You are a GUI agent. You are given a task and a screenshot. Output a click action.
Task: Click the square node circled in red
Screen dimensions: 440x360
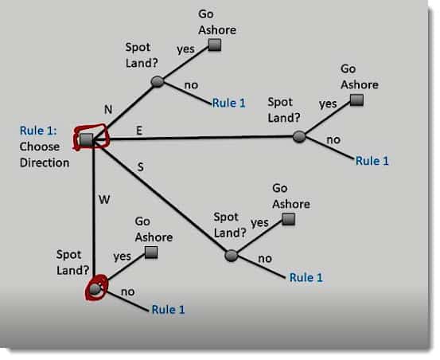point(86,139)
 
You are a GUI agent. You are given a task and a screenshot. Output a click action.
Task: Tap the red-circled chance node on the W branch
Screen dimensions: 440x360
point(95,289)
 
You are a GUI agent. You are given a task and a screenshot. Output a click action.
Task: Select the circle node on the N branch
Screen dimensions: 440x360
point(158,82)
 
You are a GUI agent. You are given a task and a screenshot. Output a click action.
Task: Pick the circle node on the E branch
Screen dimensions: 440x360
point(299,136)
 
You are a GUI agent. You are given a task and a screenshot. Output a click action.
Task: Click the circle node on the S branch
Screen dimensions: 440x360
point(232,256)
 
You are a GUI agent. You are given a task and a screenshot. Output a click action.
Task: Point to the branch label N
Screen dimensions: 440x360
point(108,110)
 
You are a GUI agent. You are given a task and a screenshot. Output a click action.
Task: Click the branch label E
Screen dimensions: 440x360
point(139,131)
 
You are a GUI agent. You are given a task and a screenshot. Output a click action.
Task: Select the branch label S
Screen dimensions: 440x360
point(141,167)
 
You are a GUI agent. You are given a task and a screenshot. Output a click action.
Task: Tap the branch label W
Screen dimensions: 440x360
point(104,200)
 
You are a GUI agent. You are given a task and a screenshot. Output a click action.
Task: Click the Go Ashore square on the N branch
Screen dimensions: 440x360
point(215,45)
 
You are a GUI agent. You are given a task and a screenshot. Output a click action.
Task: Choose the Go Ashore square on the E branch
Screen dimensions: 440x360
point(357,100)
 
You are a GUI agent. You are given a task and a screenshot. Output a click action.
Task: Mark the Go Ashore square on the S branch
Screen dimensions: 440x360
point(288,219)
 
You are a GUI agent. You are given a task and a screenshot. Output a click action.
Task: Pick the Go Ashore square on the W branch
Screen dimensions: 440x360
point(151,252)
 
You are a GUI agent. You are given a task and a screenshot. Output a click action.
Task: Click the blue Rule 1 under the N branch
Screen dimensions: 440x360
point(228,103)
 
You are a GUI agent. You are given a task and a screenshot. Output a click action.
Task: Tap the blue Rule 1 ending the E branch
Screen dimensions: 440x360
point(372,161)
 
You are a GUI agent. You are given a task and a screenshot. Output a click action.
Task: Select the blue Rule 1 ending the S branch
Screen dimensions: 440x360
point(306,277)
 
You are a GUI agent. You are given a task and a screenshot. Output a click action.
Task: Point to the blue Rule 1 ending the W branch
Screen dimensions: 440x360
point(168,310)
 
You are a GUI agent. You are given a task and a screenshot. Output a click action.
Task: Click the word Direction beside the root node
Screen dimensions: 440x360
point(45,162)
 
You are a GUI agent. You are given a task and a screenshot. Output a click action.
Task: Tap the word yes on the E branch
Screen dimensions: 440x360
point(328,104)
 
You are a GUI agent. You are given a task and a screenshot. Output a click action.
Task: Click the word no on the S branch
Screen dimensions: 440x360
point(265,259)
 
